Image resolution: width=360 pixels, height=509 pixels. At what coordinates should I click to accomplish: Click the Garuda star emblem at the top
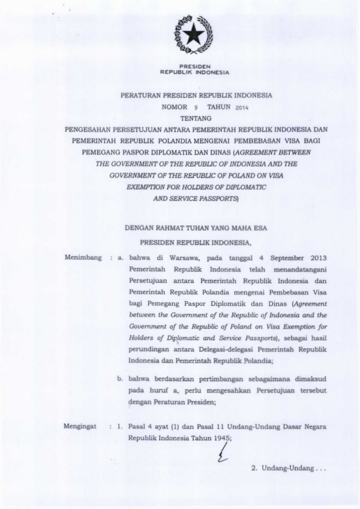pos(194,35)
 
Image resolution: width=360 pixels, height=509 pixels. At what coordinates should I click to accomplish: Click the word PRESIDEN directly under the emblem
pos(194,65)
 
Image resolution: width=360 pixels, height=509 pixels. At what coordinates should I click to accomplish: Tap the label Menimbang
pos(82,258)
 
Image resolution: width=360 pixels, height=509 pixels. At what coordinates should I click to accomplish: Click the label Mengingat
pos(80,427)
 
